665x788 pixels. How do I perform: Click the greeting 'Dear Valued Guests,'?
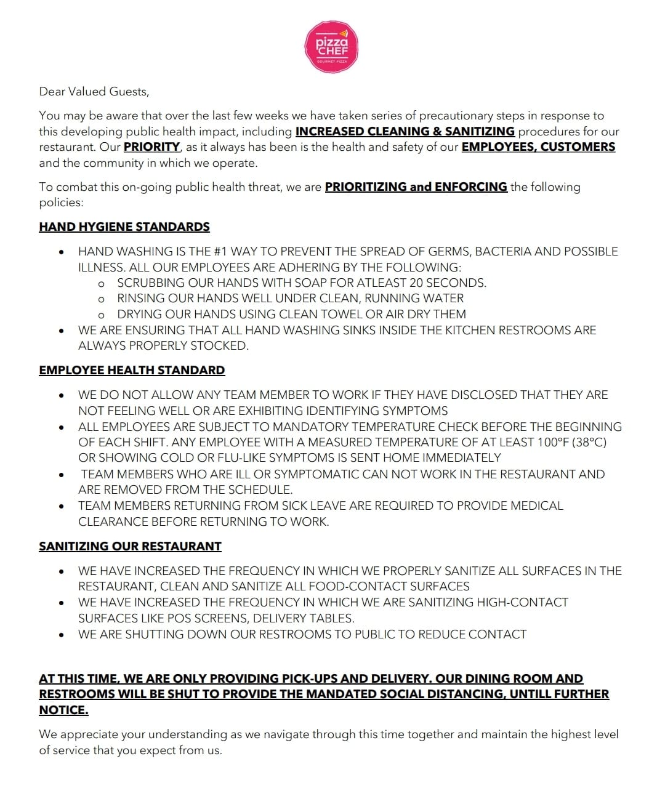click(x=94, y=92)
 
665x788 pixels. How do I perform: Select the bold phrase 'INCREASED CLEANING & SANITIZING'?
click(x=405, y=131)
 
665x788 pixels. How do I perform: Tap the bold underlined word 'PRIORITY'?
click(x=151, y=147)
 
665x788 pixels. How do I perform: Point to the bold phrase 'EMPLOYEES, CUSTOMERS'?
click(x=538, y=147)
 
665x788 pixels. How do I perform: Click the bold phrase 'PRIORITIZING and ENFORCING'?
click(x=416, y=187)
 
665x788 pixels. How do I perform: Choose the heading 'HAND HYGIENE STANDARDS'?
click(x=124, y=227)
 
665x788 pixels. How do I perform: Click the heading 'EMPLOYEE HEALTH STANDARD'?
click(x=132, y=370)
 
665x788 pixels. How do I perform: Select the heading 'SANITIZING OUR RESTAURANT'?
click(x=130, y=546)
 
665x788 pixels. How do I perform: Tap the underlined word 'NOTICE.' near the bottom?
click(x=63, y=710)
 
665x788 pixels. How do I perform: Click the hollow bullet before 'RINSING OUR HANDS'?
click(x=101, y=299)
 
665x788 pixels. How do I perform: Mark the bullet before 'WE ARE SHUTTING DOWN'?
click(x=61, y=634)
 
